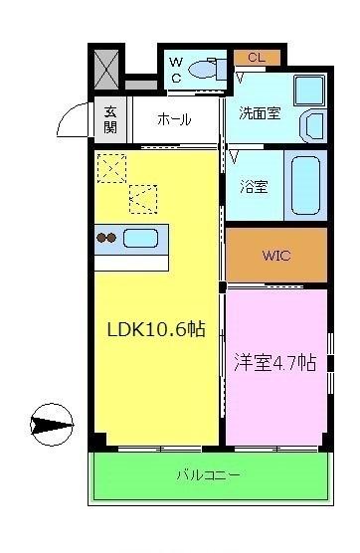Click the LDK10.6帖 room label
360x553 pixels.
pos(155,329)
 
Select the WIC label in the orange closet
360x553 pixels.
pos(275,256)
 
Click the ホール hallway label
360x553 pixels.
pos(175,118)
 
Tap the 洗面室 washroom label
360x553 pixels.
pos(259,112)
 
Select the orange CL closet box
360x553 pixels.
pos(256,58)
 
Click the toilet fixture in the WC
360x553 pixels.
pos(206,71)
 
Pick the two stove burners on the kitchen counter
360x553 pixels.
pos(106,239)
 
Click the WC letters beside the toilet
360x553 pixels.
pos(176,69)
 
